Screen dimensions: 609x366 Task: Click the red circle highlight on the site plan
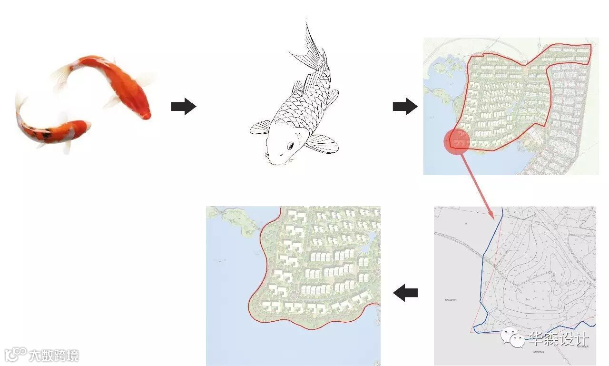pyautogui.click(x=457, y=141)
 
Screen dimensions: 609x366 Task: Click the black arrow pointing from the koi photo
pyautogui.click(x=184, y=107)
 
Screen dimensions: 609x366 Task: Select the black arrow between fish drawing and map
pyautogui.click(x=405, y=107)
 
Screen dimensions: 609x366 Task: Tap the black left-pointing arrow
pyautogui.click(x=405, y=292)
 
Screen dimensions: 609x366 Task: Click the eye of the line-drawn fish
pyautogui.click(x=290, y=145)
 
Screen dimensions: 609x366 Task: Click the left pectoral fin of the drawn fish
pyautogui.click(x=261, y=127)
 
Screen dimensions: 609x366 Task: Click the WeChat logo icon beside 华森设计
pyautogui.click(x=512, y=338)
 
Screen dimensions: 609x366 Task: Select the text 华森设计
pyautogui.click(x=560, y=339)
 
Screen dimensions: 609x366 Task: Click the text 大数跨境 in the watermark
pyautogui.click(x=54, y=356)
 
